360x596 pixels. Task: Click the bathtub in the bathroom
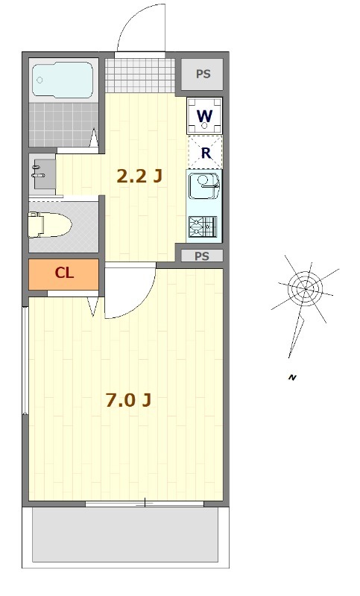click(63, 80)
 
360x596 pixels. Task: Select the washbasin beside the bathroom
click(42, 174)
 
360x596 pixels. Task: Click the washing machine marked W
click(204, 115)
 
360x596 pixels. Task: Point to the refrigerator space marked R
click(205, 153)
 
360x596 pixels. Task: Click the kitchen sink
click(203, 186)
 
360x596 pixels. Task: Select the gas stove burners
click(204, 226)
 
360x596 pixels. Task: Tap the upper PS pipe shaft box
click(203, 74)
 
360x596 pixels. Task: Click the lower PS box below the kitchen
click(203, 256)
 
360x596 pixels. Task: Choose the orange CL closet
click(63, 273)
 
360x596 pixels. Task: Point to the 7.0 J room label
click(127, 401)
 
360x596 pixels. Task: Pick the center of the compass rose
click(303, 287)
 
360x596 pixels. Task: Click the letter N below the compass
click(292, 378)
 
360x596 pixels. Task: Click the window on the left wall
click(26, 358)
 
